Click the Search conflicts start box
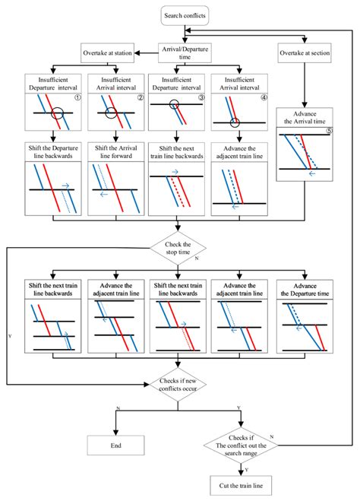point(185,15)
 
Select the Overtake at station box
point(107,53)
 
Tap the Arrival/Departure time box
point(185,53)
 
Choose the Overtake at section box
point(305,53)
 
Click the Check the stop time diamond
point(178,249)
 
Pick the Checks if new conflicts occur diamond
point(178,385)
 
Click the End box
point(116,446)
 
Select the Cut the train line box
point(241,486)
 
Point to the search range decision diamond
point(241,446)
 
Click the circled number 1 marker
point(77,98)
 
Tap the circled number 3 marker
point(201,98)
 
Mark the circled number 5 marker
point(329,130)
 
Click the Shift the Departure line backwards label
point(53,152)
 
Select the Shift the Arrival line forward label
point(116,152)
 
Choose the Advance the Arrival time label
point(305,118)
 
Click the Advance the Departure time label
point(305,290)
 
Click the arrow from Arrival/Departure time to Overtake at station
point(146,53)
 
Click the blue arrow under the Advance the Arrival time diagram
point(312,173)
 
